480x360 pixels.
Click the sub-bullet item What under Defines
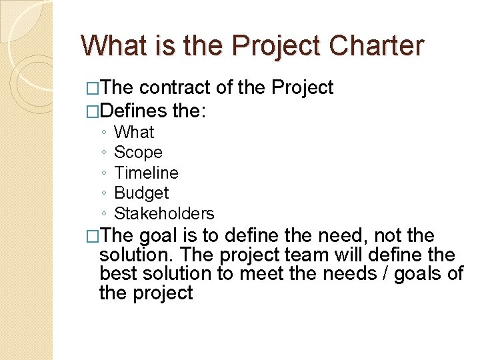point(134,133)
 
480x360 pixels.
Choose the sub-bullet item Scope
point(138,153)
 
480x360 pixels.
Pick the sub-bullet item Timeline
point(146,173)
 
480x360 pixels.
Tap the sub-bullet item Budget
point(141,193)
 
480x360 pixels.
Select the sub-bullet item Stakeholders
point(164,214)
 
